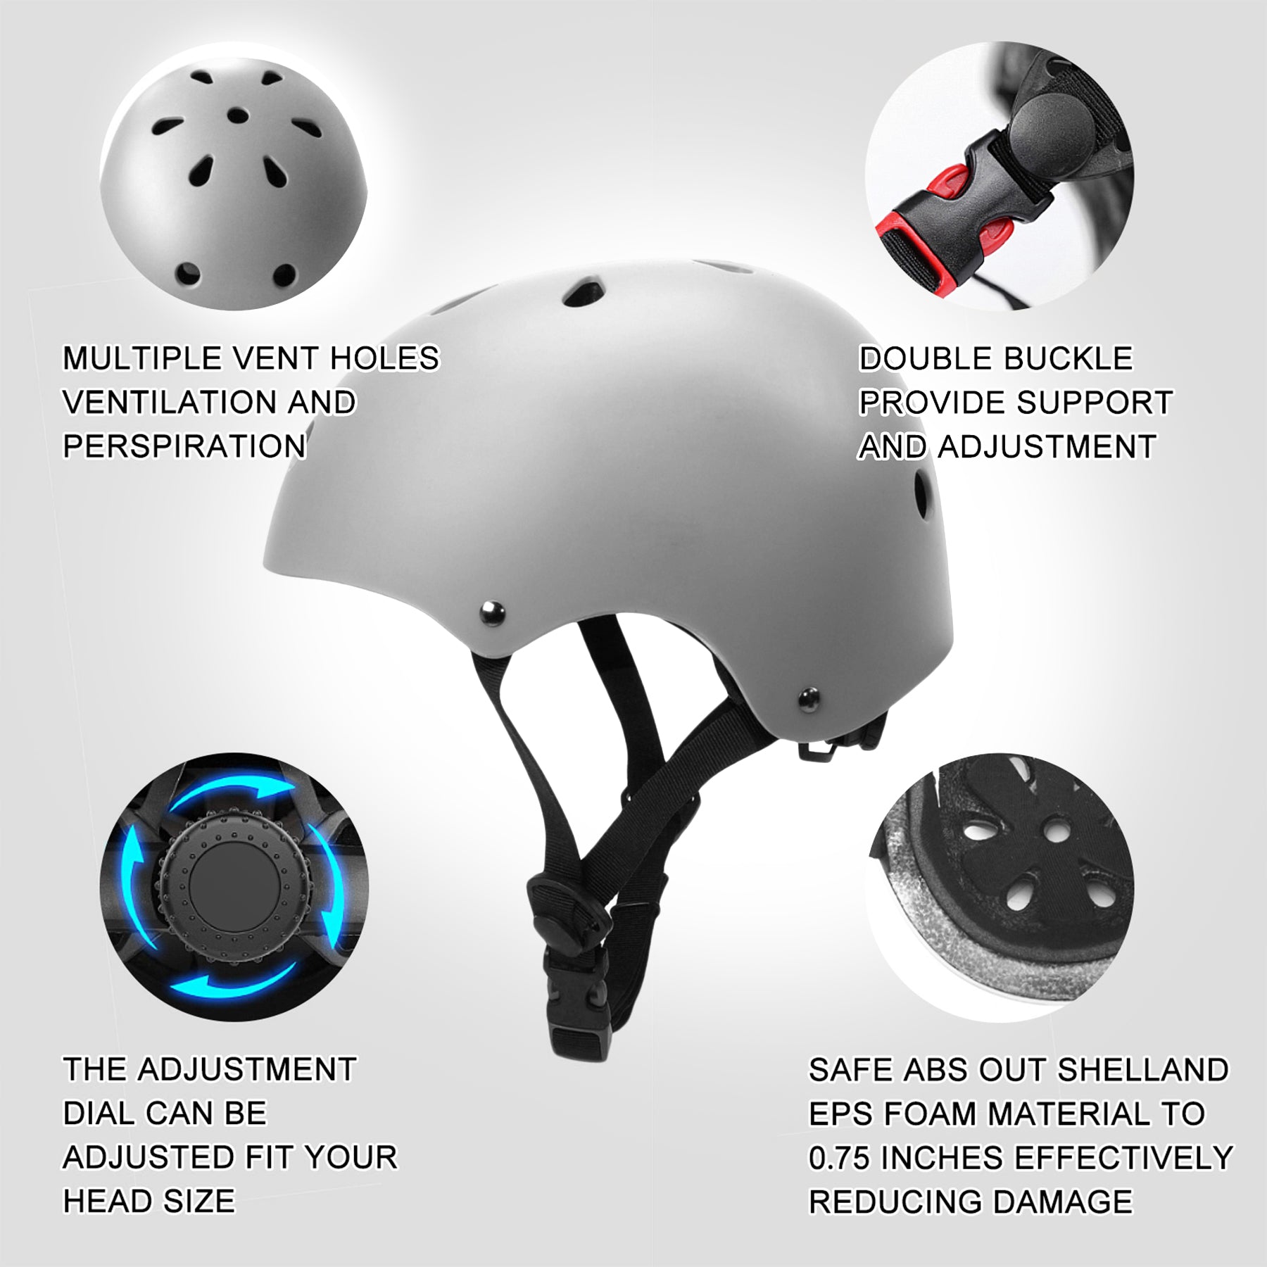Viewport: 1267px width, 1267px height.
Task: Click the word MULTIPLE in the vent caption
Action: point(144,358)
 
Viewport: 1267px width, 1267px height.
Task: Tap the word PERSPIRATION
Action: point(184,446)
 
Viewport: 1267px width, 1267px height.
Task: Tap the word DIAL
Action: point(100,1113)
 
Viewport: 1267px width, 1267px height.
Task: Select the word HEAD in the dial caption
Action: point(106,1201)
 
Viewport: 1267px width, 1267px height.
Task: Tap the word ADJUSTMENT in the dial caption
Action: point(247,1069)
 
